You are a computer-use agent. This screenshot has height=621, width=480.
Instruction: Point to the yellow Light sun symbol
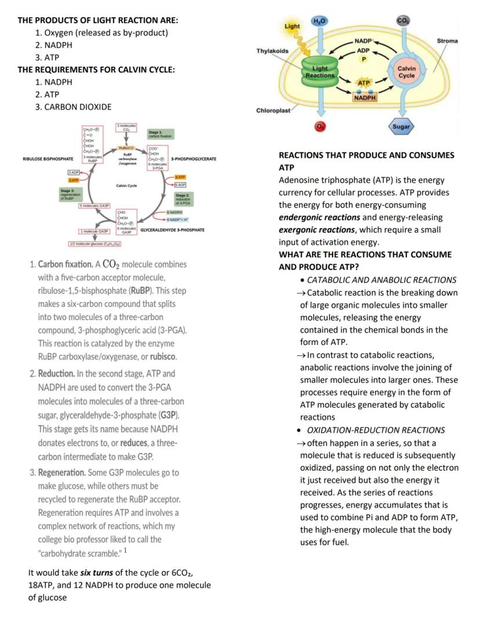[293, 27]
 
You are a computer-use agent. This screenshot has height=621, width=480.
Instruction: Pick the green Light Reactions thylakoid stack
[320, 73]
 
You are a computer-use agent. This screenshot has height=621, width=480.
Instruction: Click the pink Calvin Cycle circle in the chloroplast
[406, 72]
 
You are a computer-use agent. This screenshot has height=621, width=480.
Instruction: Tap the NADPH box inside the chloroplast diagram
[365, 97]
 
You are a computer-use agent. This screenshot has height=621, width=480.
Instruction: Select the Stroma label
[447, 41]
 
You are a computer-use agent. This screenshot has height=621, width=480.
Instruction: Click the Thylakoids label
[272, 51]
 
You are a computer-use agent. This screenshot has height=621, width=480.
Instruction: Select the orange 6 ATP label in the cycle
[180, 176]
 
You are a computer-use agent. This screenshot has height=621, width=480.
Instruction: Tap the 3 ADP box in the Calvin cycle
[74, 173]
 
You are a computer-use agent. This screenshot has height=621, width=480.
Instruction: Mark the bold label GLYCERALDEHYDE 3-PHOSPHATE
[172, 230]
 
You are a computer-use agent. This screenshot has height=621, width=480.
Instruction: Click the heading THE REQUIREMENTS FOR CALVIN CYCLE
[96, 70]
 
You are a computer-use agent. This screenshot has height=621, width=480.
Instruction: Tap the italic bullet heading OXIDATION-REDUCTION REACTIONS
[376, 430]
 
